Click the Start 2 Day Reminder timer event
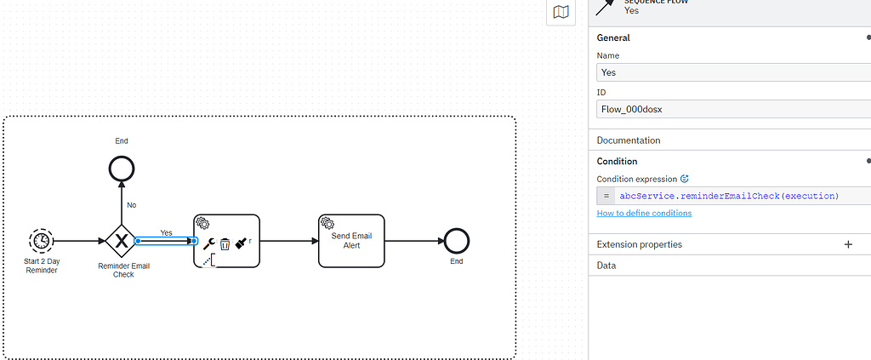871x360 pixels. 41,241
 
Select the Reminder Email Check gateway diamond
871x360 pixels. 121,241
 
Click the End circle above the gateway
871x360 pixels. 122,169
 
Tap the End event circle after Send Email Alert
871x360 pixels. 457,241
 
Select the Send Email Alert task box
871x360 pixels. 351,241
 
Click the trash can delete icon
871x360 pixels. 225,244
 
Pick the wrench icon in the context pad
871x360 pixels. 209,243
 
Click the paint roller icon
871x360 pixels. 241,243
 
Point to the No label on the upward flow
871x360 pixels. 132,205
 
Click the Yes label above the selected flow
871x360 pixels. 166,233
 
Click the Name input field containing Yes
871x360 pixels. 733,72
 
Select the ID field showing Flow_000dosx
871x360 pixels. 733,110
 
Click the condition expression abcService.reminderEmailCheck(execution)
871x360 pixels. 729,196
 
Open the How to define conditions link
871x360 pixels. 645,213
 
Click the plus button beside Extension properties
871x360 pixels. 848,244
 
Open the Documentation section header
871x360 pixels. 629,140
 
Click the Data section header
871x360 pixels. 606,266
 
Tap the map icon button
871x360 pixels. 561,12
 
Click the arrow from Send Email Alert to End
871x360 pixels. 414,241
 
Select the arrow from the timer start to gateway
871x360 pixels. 79,241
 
